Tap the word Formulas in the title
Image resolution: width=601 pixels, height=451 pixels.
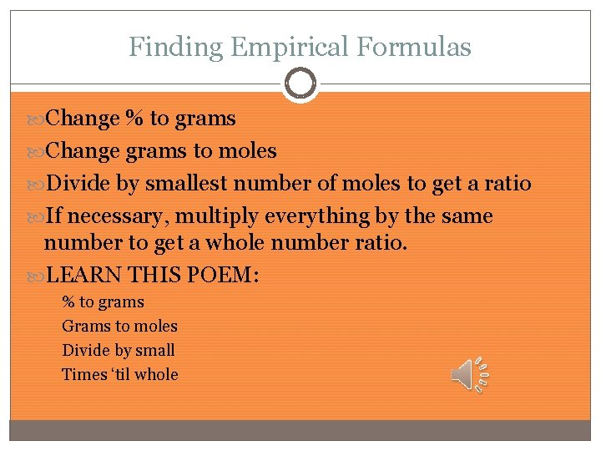[x=413, y=47]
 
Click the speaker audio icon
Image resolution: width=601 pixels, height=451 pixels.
[x=471, y=375]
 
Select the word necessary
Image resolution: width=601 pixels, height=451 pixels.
[x=122, y=216]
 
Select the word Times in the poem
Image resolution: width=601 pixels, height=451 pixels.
[x=84, y=374]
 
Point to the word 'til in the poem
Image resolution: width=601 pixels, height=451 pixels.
[x=121, y=374]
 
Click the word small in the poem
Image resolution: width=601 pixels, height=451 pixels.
[x=154, y=350]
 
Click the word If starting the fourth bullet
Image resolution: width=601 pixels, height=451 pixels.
[x=53, y=216]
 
